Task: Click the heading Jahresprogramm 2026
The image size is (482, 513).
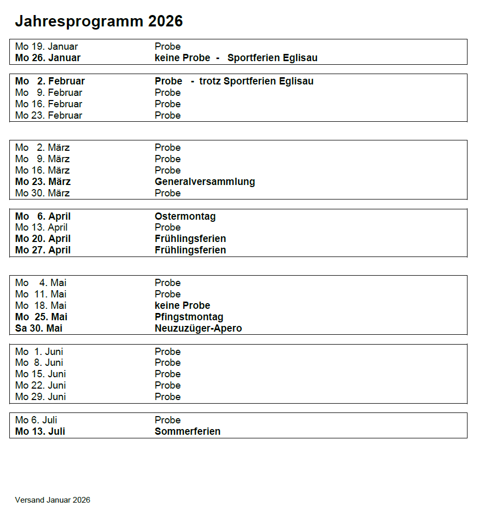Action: [98, 21]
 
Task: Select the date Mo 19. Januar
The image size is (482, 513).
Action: [47, 47]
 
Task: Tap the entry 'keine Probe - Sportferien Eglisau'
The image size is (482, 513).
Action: [236, 58]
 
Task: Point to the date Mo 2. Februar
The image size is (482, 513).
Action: [50, 81]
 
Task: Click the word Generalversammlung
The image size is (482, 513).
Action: [205, 182]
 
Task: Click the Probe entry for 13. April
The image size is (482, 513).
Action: [167, 227]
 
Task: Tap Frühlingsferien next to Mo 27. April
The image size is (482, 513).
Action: [190, 250]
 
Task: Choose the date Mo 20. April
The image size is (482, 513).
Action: [43, 239]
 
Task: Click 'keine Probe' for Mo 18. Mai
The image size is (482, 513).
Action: [182, 306]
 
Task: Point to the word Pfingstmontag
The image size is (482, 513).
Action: [189, 317]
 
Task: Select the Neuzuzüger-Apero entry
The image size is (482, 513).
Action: [198, 329]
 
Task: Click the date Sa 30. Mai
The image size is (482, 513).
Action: [39, 329]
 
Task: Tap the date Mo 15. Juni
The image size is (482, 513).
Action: [40, 374]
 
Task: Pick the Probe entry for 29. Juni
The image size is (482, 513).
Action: [167, 397]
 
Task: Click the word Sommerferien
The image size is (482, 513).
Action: [187, 432]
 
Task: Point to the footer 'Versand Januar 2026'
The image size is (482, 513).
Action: [52, 500]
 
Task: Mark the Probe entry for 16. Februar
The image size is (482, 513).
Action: [167, 104]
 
